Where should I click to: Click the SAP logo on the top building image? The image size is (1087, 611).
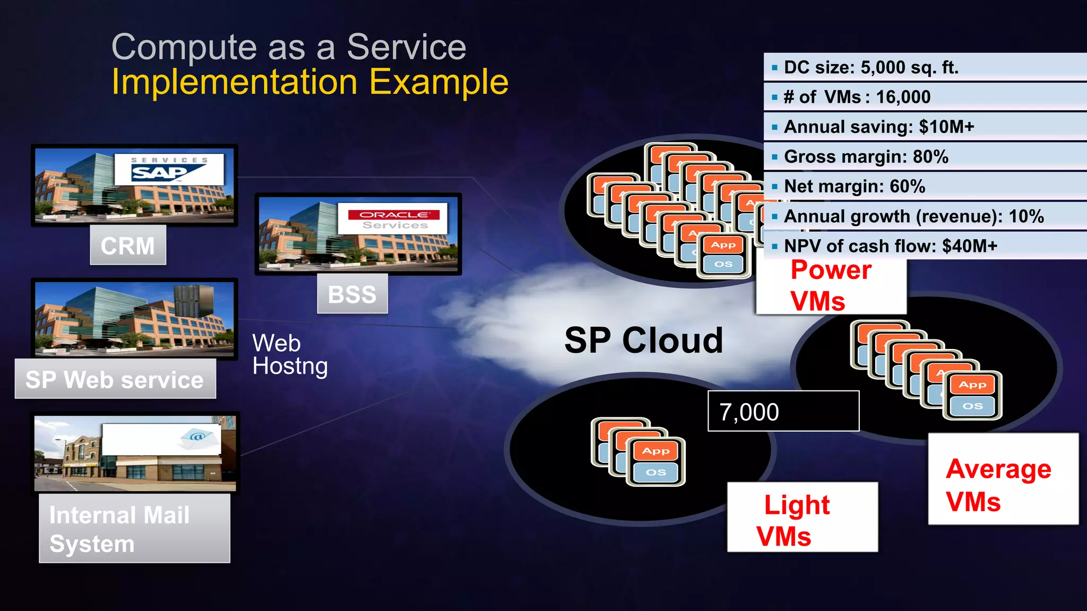(x=169, y=170)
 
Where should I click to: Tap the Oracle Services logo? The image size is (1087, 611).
(x=393, y=219)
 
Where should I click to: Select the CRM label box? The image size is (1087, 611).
(x=128, y=245)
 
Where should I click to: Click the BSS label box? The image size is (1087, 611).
(x=352, y=294)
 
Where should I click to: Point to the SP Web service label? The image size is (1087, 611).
(x=115, y=379)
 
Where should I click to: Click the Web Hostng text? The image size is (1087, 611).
(x=289, y=354)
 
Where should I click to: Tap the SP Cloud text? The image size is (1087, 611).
(x=643, y=340)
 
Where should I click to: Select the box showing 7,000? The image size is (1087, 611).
(x=783, y=412)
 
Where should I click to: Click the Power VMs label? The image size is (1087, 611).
(x=831, y=285)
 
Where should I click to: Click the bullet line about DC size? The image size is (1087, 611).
(x=871, y=67)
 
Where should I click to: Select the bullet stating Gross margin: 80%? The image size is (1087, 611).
(x=866, y=156)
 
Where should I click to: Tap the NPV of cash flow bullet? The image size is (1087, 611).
(x=890, y=246)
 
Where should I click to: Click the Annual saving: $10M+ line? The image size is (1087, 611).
(x=879, y=127)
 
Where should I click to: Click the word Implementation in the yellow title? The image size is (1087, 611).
(x=235, y=82)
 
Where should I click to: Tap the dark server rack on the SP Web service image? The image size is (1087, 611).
(x=194, y=300)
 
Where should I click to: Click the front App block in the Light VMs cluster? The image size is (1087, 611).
(x=656, y=451)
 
